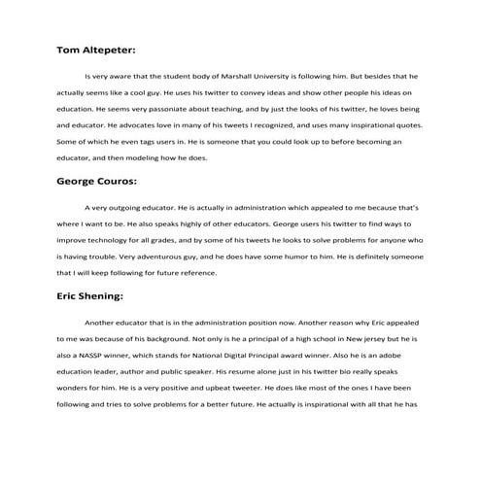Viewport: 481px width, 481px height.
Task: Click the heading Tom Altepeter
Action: tap(95, 47)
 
